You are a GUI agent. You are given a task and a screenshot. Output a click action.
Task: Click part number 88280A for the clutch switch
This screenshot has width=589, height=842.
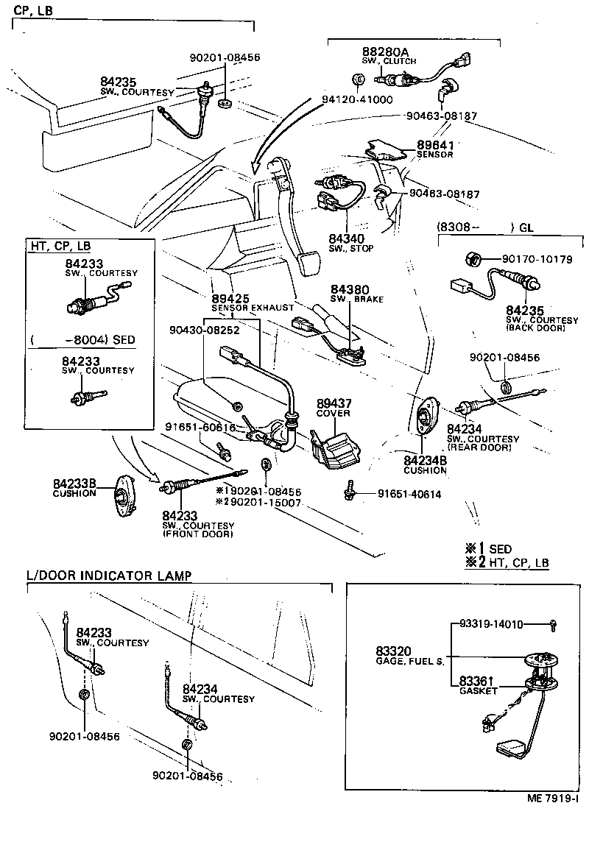point(384,52)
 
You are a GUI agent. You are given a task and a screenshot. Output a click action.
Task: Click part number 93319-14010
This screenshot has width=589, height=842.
point(490,625)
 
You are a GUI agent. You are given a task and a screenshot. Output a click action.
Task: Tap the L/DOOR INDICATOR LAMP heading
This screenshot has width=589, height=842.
point(109,575)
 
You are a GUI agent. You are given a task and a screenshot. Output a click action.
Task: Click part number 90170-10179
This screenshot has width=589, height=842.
point(537,259)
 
